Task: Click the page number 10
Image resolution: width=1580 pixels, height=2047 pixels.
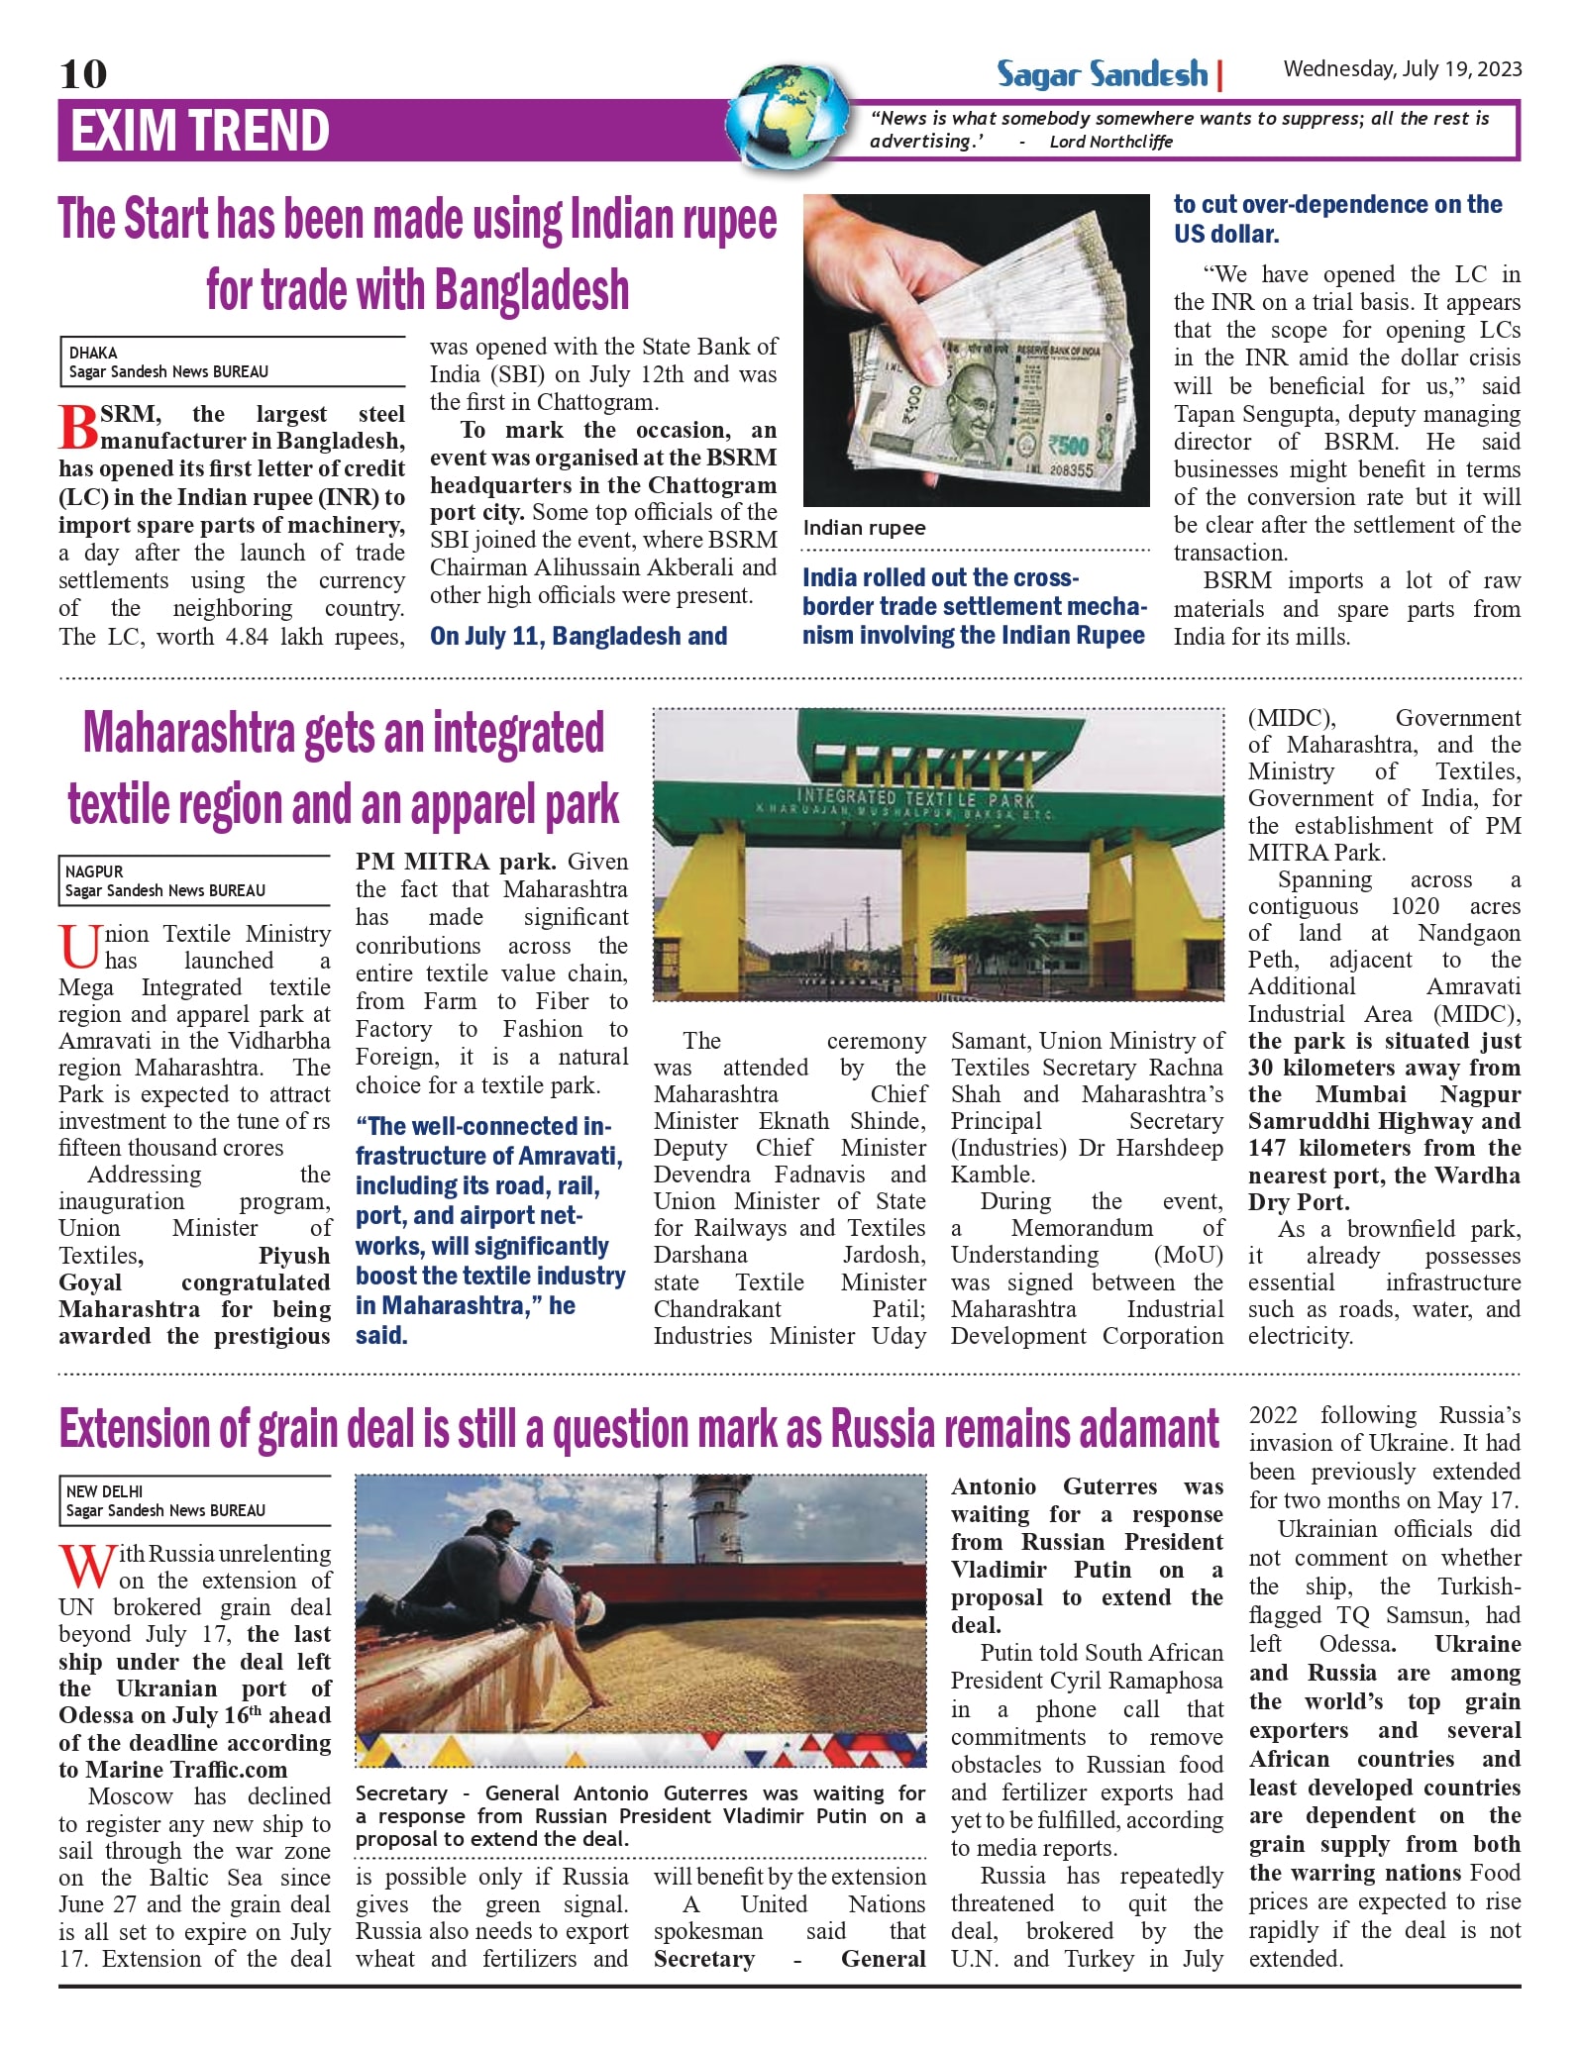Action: point(83,74)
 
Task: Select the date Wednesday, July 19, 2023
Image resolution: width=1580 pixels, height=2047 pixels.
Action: point(1402,69)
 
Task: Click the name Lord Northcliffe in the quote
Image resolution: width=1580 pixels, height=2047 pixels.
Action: point(1110,142)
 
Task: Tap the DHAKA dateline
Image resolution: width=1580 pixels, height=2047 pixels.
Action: point(93,353)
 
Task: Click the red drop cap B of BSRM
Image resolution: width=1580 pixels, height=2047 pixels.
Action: point(78,427)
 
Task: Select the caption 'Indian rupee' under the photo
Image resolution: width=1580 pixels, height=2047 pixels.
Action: point(864,528)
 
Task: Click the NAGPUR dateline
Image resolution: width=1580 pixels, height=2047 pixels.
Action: point(94,871)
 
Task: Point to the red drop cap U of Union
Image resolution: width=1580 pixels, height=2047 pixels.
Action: point(79,947)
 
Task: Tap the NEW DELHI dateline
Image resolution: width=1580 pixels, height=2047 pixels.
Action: point(104,1491)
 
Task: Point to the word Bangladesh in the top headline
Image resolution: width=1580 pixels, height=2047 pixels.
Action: point(532,290)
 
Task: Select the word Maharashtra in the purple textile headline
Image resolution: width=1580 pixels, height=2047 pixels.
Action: point(189,734)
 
